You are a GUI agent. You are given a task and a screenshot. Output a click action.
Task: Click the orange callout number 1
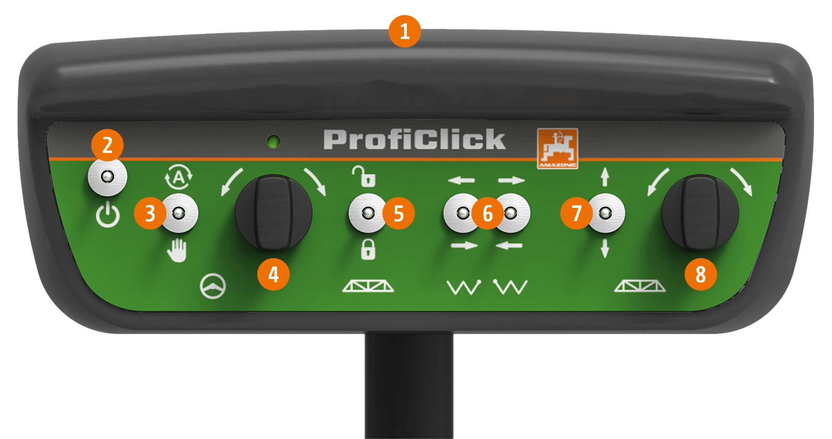pos(404,32)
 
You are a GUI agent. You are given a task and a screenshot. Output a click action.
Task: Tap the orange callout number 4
pos(273,274)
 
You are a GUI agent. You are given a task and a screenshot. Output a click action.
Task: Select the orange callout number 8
pos(701,274)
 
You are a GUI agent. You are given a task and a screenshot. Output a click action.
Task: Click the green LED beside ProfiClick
pos(273,142)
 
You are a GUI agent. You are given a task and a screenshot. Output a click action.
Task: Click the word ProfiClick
pos(415,139)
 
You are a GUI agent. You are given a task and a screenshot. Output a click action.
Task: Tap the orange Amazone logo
pos(557,148)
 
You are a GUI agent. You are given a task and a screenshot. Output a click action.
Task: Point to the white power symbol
pos(108,215)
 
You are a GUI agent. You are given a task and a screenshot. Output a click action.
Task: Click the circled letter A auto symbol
pos(179,178)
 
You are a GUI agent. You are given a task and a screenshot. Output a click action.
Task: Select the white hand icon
pos(178,250)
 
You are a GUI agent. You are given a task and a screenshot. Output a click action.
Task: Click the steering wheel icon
pos(213,286)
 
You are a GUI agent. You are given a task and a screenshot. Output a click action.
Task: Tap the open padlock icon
pos(364,176)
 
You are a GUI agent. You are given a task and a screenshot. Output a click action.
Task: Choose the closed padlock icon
pos(368,249)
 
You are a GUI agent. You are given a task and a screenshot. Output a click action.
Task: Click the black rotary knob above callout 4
pos(273,212)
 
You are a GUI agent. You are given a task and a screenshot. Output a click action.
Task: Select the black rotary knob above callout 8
pos(700,212)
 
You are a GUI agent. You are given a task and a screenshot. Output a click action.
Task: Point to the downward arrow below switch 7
pos(605,248)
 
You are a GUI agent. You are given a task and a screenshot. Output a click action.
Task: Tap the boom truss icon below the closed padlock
pos(368,286)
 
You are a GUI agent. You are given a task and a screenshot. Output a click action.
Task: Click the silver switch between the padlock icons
pos(367,213)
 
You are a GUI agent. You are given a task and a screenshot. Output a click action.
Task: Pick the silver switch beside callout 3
pos(179,213)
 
